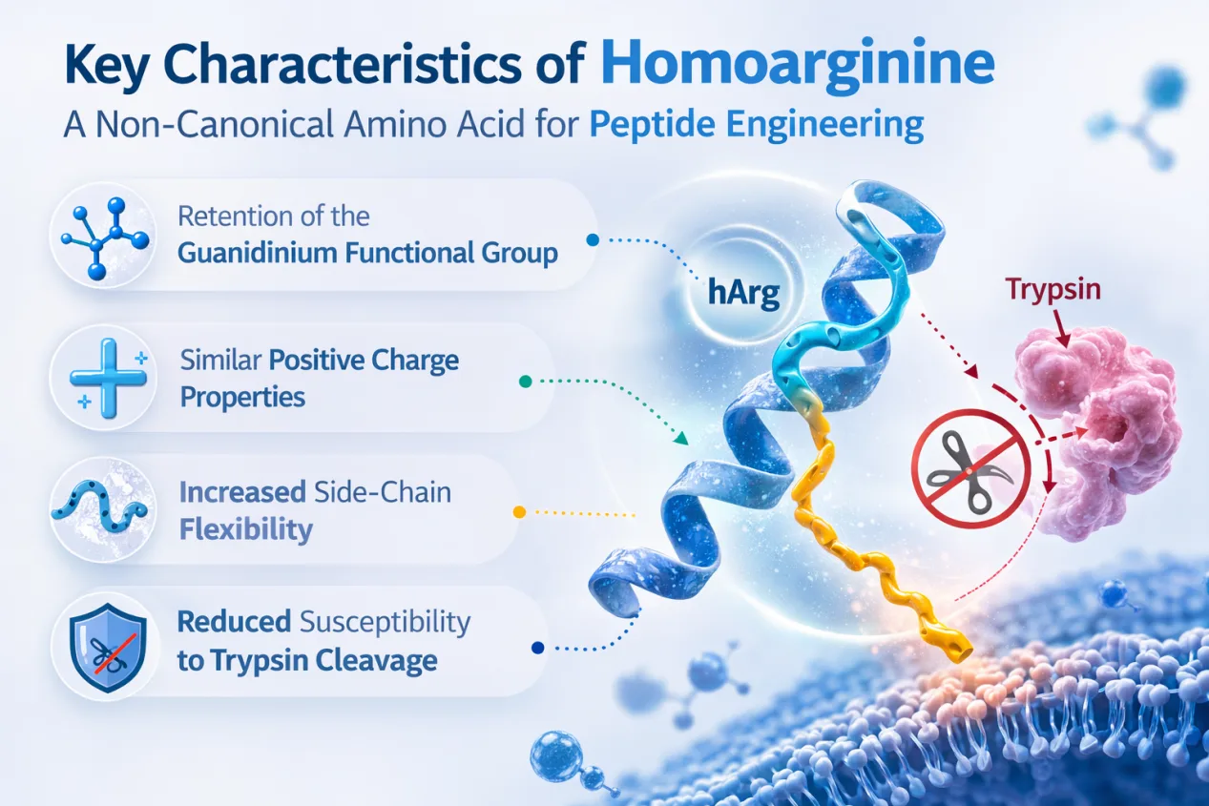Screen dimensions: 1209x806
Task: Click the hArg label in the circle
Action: click(x=743, y=292)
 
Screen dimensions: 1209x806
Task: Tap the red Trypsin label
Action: click(x=1053, y=290)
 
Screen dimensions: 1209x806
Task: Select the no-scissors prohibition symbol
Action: click(x=971, y=468)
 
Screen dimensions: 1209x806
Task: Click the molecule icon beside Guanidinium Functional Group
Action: click(x=105, y=238)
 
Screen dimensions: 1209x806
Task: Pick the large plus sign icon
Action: click(x=108, y=378)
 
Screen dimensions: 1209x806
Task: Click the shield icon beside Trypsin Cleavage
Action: click(x=108, y=647)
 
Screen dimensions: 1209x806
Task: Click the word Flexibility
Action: click(x=246, y=529)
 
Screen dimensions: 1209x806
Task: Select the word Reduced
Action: click(x=234, y=622)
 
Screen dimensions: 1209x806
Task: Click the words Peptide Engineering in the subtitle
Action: click(x=756, y=125)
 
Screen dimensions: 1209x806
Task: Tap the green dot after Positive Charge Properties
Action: click(x=525, y=382)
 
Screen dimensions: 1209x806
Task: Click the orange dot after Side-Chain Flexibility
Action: click(x=519, y=511)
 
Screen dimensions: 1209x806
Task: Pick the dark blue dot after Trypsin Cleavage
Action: click(x=537, y=648)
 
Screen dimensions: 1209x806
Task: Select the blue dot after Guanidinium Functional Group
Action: click(x=593, y=240)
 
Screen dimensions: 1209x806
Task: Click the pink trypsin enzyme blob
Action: click(x=1101, y=431)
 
